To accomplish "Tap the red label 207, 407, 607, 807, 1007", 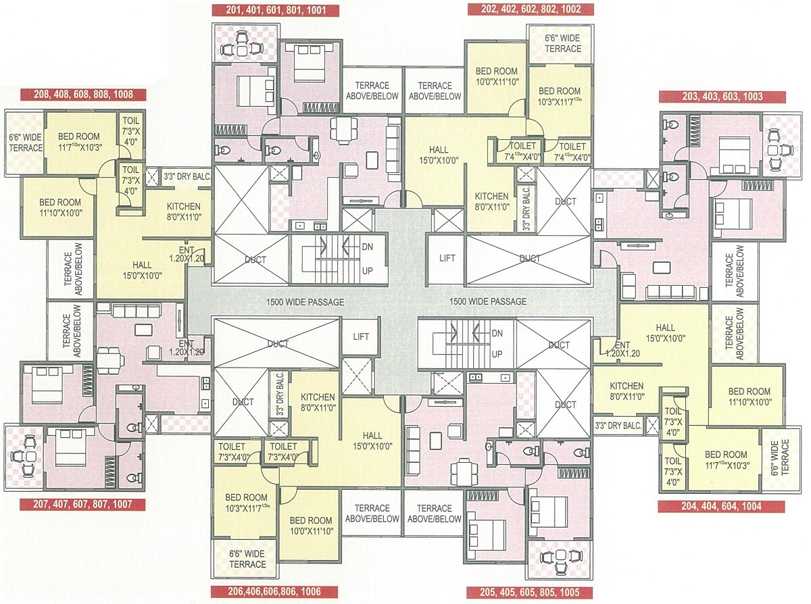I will [x=82, y=504].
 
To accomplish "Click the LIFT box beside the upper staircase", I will [x=447, y=257].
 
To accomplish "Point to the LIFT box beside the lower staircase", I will [x=360, y=336].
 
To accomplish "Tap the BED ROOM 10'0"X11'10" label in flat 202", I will [x=496, y=76].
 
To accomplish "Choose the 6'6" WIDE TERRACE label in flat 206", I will [x=247, y=559].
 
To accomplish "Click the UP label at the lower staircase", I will [x=497, y=354].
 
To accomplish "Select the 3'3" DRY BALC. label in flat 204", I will [x=618, y=426].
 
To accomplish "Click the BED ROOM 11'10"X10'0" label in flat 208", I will [x=59, y=207].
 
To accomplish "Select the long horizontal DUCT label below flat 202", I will [x=530, y=258].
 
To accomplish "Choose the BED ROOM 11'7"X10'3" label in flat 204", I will [x=726, y=459].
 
